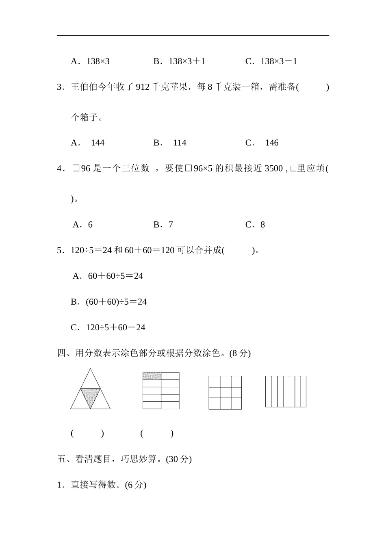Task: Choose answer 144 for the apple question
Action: coord(98,143)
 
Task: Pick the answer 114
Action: coord(180,143)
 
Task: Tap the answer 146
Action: coord(271,143)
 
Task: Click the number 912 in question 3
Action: coord(143,87)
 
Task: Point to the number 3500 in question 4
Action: coord(273,169)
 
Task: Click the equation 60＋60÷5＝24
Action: coord(115,276)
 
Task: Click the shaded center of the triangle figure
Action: coord(90,396)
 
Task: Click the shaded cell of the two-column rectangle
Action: coord(152,376)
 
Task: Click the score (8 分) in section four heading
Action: coord(240,353)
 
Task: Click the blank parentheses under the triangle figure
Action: coord(87,433)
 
